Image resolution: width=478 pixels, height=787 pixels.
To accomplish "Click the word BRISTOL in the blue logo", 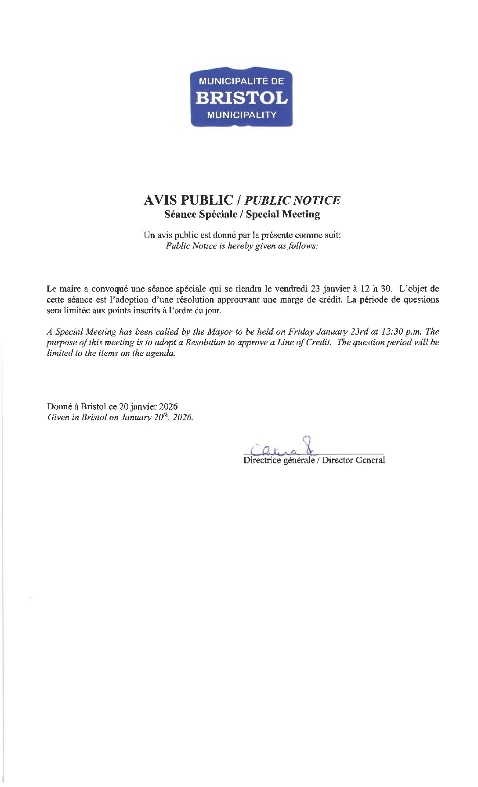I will point(241,97).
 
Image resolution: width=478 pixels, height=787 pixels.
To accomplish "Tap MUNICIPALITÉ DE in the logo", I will point(241,81).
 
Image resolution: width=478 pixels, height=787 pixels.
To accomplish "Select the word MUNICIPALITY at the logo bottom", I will point(241,115).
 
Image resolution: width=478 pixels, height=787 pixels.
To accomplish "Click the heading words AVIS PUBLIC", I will point(188,200).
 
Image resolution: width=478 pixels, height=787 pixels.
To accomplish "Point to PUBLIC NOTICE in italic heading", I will point(292,201).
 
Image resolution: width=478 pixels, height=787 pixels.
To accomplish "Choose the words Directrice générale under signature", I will point(279,460).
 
